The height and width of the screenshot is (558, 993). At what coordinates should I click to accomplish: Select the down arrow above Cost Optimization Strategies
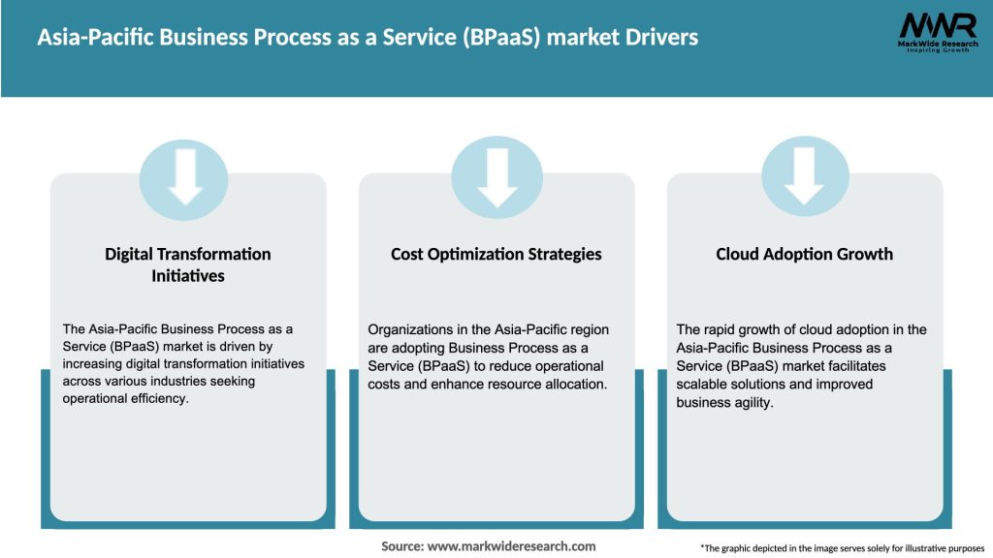(496, 175)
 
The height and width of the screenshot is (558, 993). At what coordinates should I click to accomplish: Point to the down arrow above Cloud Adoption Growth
(805, 175)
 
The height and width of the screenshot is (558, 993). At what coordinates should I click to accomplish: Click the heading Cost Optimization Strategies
(496, 254)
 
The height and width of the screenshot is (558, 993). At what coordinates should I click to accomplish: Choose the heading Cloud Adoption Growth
(804, 254)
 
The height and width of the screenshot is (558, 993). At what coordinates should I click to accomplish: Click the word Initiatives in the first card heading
(187, 275)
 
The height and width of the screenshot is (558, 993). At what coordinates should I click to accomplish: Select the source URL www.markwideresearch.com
(512, 546)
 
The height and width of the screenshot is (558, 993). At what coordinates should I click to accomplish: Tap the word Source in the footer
(401, 546)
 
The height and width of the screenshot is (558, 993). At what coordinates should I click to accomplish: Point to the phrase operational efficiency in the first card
(125, 399)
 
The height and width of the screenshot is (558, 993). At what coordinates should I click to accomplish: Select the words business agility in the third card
(724, 402)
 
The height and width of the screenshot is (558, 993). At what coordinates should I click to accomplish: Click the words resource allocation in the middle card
(548, 385)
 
